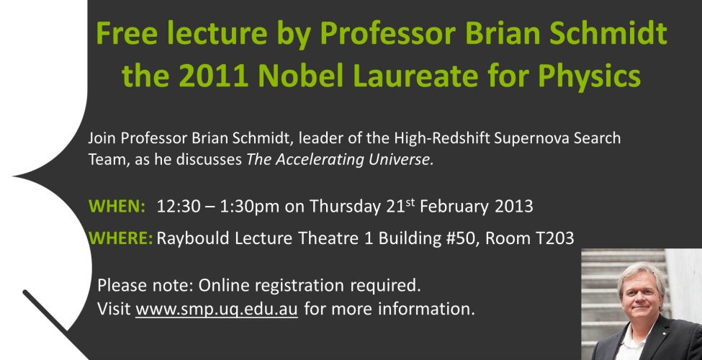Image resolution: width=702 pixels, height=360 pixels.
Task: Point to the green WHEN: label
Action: pos(117,206)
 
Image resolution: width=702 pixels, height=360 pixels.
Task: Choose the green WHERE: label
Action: pos(121,238)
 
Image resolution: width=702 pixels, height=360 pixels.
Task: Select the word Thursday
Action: pos(345,207)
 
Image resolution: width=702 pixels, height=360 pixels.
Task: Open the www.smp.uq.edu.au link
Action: pos(217,309)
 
